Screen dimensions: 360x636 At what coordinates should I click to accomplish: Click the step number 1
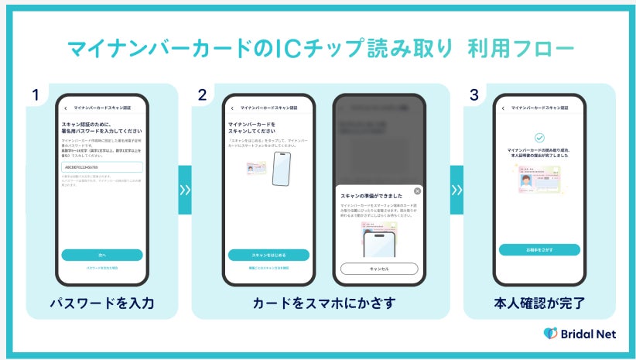(x=36, y=95)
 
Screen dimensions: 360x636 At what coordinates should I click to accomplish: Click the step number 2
(x=202, y=95)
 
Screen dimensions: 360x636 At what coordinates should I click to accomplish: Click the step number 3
(x=474, y=95)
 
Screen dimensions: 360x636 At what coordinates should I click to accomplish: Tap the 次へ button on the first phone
(x=102, y=255)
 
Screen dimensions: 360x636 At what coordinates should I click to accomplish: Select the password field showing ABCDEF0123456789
(x=102, y=166)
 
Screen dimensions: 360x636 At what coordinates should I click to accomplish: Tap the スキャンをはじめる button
(x=268, y=255)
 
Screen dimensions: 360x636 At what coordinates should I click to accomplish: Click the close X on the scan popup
(x=418, y=190)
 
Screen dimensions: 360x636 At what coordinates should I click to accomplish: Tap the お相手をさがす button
(x=539, y=249)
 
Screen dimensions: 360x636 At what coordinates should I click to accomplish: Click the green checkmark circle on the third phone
(x=539, y=137)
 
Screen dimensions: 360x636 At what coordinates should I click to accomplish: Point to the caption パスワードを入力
(x=102, y=303)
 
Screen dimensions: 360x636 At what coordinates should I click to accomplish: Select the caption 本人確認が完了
(x=539, y=303)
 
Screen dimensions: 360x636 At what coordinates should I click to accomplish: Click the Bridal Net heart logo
(x=550, y=334)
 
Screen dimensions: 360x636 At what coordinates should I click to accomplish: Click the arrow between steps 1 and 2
(x=185, y=189)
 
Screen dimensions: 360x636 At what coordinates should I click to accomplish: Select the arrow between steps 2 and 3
(x=456, y=189)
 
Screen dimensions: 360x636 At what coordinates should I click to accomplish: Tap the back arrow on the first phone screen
(x=66, y=108)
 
